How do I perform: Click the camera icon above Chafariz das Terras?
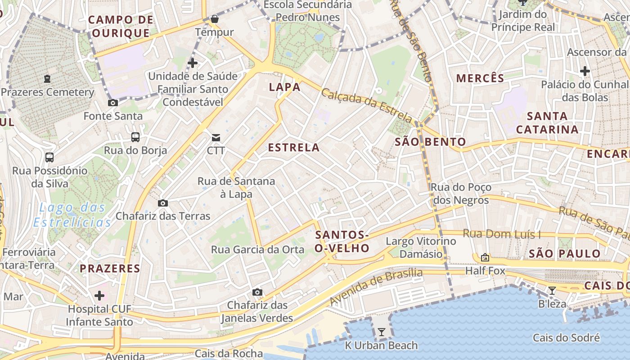tap(163, 203)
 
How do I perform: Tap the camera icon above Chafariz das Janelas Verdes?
tap(257, 292)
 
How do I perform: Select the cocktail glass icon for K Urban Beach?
tap(382, 333)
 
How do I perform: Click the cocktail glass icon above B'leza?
tap(552, 291)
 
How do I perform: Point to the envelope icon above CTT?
tap(216, 138)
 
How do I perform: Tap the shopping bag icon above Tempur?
tap(215, 19)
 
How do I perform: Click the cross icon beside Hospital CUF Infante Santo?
tap(99, 296)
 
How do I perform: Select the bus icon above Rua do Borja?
tap(135, 137)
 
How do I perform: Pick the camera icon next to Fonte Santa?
tap(113, 103)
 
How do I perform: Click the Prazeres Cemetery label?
tap(47, 93)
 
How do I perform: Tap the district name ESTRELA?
tap(294, 148)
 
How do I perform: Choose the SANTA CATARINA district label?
tap(547, 123)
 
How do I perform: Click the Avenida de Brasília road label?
tap(376, 287)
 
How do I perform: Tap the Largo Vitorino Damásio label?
tap(421, 248)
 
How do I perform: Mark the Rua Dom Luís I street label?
tap(502, 234)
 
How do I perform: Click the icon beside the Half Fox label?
tap(485, 258)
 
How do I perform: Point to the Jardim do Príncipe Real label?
tap(523, 21)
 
